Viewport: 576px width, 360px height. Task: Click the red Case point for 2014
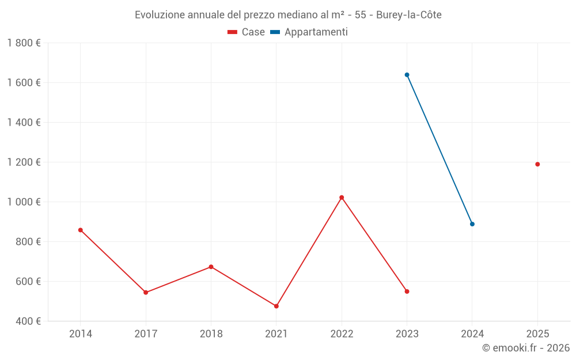point(81,230)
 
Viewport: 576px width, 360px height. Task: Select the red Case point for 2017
point(146,293)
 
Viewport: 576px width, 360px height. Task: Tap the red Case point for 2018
point(211,267)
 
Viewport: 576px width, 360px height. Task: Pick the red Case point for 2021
point(276,306)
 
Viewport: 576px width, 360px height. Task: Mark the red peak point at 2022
point(342,198)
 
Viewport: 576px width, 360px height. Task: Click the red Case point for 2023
point(407,291)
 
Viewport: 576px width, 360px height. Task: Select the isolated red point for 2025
point(537,164)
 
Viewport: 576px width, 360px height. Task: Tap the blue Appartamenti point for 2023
point(407,75)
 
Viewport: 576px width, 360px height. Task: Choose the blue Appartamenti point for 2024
point(472,224)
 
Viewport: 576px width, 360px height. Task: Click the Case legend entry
point(247,32)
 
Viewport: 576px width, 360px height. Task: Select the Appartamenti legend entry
point(309,32)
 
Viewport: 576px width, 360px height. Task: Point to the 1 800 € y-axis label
point(24,43)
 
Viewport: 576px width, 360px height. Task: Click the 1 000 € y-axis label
point(24,202)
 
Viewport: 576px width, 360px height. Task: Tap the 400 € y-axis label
point(27,321)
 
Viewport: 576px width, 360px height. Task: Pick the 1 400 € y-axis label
point(24,123)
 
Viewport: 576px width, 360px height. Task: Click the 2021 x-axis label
point(276,334)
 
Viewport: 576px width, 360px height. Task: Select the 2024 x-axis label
point(472,334)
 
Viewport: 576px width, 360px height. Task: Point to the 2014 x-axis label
point(81,334)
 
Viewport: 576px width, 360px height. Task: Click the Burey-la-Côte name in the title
point(409,15)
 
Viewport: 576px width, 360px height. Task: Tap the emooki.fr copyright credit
point(526,348)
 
